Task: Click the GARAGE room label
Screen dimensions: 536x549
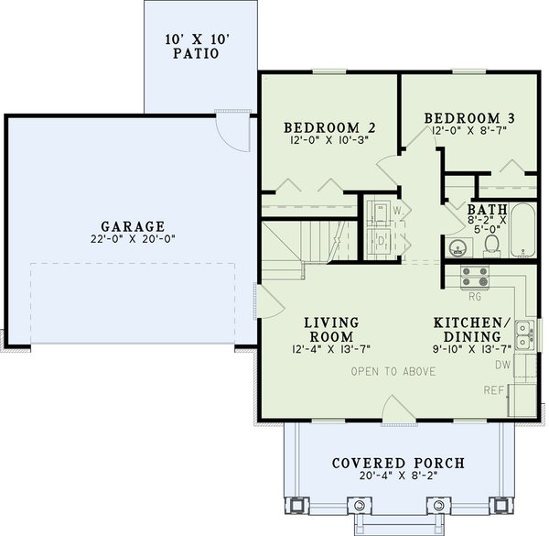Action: [x=134, y=226]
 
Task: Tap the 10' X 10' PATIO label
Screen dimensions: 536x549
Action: [x=200, y=47]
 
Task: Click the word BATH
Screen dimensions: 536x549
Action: [x=486, y=208]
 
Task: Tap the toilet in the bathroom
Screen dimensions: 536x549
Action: [x=491, y=243]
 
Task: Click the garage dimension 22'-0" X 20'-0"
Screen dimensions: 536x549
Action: [x=134, y=240]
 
